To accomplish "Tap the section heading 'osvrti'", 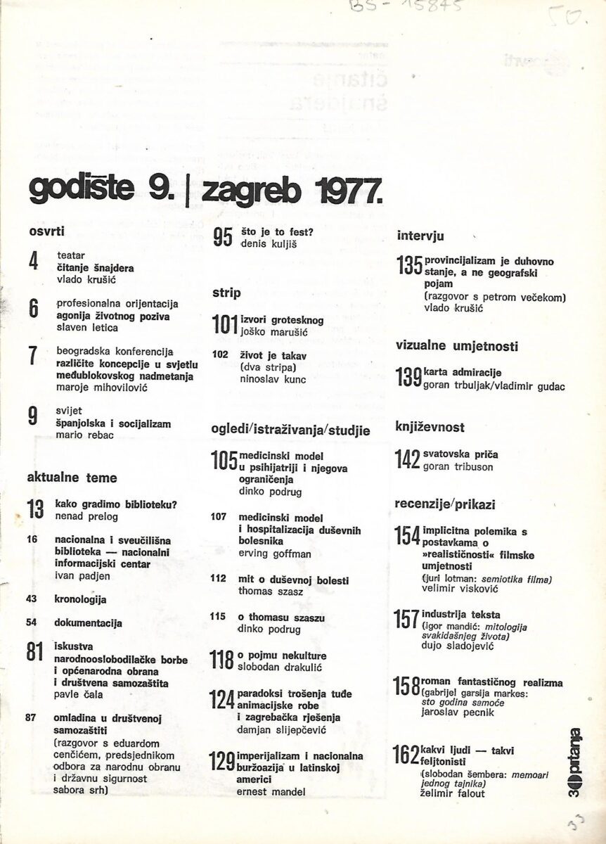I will click(x=47, y=231).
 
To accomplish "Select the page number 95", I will click(x=223, y=238).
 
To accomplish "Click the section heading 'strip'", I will click(x=226, y=292).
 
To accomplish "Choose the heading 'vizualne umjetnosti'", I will click(x=457, y=346).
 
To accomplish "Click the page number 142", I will click(x=408, y=461).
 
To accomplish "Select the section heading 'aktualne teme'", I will click(x=72, y=478).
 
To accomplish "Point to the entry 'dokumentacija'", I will click(x=88, y=622).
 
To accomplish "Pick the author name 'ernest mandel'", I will click(x=272, y=792).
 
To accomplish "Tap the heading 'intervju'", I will click(x=420, y=236).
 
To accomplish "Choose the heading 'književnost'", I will click(x=430, y=427).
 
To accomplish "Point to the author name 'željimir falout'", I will click(x=453, y=794).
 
